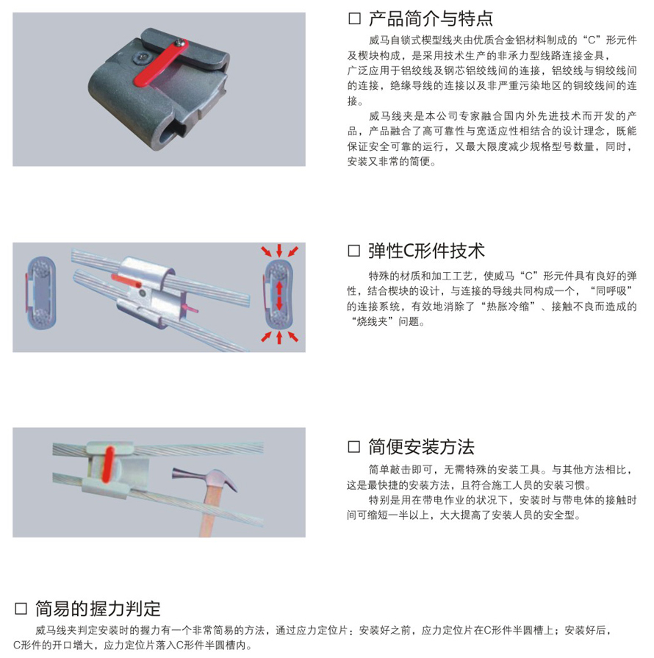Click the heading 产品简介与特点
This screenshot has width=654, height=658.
click(431, 19)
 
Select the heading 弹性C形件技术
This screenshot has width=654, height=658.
click(426, 251)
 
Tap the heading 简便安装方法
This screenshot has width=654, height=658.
click(421, 447)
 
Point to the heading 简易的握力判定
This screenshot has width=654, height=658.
click(98, 609)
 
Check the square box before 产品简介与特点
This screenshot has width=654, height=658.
click(354, 19)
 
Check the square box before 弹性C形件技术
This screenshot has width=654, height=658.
click(354, 251)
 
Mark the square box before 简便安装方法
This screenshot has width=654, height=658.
click(354, 447)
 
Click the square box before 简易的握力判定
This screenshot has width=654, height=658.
click(21, 609)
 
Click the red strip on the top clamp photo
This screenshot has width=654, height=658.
click(162, 63)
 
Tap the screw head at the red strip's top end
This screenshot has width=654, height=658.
click(182, 43)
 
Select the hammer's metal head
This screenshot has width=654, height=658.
click(206, 478)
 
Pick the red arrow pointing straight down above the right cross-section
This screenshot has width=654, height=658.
click(279, 251)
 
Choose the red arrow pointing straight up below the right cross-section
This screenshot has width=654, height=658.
click(279, 337)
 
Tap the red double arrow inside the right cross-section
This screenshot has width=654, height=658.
click(279, 296)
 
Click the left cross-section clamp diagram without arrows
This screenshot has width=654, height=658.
click(40, 293)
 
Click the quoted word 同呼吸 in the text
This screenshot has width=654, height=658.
click(611, 291)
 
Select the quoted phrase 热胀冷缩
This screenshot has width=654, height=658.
click(507, 307)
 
